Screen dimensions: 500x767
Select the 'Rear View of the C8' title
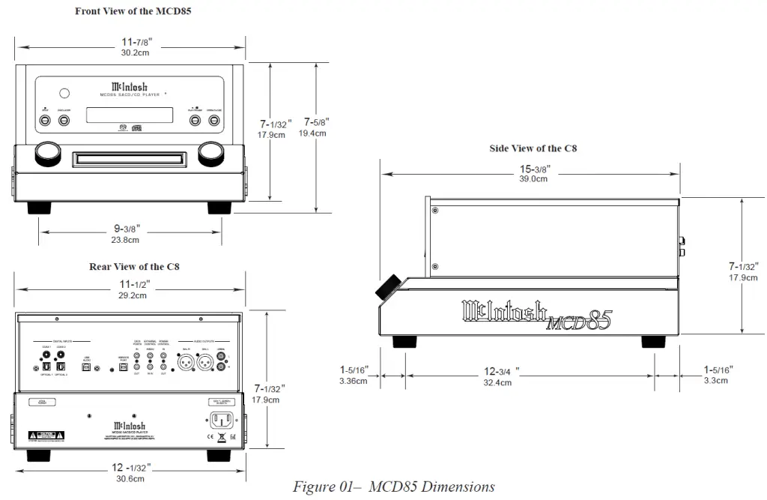point(133,266)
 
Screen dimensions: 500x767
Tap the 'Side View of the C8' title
point(533,148)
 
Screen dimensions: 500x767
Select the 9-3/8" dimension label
point(125,233)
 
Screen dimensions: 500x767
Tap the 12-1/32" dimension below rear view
point(130,472)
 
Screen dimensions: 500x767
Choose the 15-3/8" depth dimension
point(533,174)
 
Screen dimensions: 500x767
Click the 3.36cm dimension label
point(353,381)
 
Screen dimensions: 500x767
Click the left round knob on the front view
point(46,152)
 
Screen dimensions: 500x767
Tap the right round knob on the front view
point(212,152)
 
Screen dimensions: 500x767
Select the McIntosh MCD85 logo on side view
point(536,316)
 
